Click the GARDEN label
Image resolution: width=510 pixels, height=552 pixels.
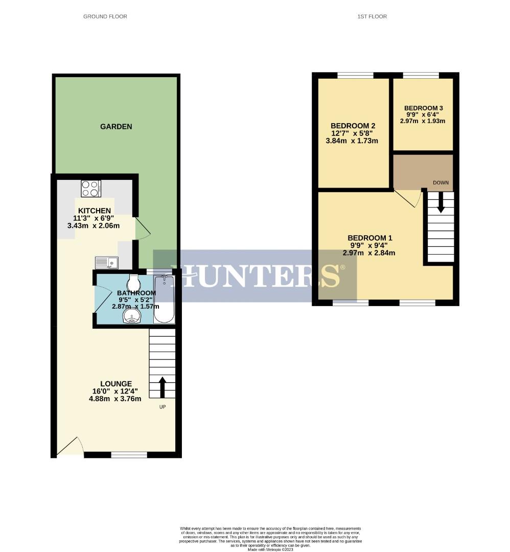[116, 126]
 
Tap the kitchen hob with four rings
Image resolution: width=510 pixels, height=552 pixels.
[90, 189]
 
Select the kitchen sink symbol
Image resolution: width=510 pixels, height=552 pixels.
[106, 263]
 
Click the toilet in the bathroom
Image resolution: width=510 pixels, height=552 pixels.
[133, 282]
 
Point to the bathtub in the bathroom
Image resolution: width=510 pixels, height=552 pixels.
[164, 300]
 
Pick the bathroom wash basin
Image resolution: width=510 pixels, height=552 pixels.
[132, 316]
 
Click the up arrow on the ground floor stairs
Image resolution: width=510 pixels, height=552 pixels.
[163, 387]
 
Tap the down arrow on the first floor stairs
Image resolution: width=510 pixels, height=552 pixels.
[441, 203]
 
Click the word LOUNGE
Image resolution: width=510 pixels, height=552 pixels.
[116, 384]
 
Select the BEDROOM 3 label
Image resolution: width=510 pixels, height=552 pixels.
[423, 108]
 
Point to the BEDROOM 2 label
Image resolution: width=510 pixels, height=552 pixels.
[353, 126]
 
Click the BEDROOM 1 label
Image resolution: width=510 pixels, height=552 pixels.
[370, 238]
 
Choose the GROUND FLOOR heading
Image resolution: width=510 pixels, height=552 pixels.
[105, 16]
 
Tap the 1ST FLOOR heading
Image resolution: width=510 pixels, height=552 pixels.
[372, 16]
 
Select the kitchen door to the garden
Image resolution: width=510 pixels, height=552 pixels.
[143, 228]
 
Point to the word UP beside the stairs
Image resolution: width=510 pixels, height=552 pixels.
[162, 407]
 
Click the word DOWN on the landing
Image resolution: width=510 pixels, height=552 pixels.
[440, 182]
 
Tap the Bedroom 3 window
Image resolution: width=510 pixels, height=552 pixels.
[421, 76]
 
